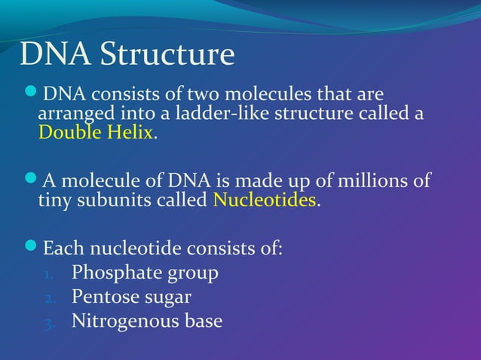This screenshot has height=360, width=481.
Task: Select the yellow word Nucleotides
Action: coord(261,201)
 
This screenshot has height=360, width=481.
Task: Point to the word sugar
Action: coord(167,297)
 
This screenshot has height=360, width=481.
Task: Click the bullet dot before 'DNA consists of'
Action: coord(31,94)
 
